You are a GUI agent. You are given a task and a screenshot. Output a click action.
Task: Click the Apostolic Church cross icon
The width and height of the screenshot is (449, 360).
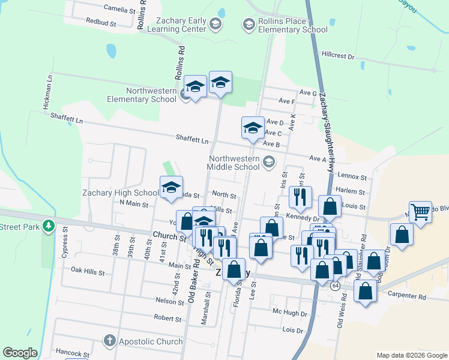coord(109,341)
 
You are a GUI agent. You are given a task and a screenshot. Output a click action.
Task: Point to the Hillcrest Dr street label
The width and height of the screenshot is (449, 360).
coord(338,55)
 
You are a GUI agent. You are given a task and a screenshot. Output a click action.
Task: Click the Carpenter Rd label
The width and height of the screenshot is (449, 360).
coord(406,296)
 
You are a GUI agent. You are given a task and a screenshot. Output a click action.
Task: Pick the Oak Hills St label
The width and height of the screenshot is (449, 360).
coord(88,272)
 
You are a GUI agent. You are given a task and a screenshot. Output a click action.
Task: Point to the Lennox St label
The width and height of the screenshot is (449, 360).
coord(352,177)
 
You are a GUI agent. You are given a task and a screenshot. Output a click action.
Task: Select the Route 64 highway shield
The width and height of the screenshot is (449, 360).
coord(334,286)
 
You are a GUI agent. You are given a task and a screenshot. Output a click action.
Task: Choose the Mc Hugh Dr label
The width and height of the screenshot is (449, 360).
coord(290,313)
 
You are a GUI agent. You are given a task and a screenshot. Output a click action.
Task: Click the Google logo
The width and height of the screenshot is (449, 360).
coord(20,353)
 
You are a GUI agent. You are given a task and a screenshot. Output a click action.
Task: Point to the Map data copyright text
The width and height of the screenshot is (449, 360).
coord(411,355)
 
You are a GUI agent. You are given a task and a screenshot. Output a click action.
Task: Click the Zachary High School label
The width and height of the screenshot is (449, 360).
coord(121,193)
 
